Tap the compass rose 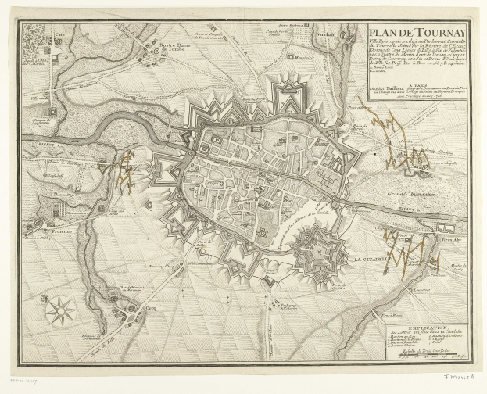pos(59,311)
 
